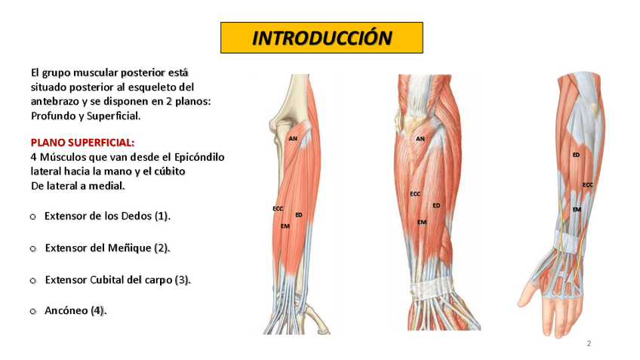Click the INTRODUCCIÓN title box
pyautogui.click(x=322, y=38)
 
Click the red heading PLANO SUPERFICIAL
pyautogui.click(x=82, y=142)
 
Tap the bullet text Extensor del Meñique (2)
pyautogui.click(x=107, y=248)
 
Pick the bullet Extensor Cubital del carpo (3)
pyautogui.click(x=118, y=279)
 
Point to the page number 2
pyautogui.click(x=589, y=344)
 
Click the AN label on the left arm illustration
pyautogui.click(x=293, y=138)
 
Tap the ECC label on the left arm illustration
pyautogui.click(x=278, y=208)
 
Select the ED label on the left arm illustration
pyautogui.click(x=299, y=215)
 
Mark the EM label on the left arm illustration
pyautogui.click(x=285, y=226)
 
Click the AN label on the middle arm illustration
pyautogui.click(x=420, y=139)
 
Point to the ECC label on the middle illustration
pyautogui.click(x=415, y=194)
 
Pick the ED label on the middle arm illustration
pyautogui.click(x=436, y=205)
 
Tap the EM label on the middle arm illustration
pyautogui.click(x=421, y=222)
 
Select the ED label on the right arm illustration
pyautogui.click(x=576, y=155)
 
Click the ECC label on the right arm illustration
pyautogui.click(x=588, y=185)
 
